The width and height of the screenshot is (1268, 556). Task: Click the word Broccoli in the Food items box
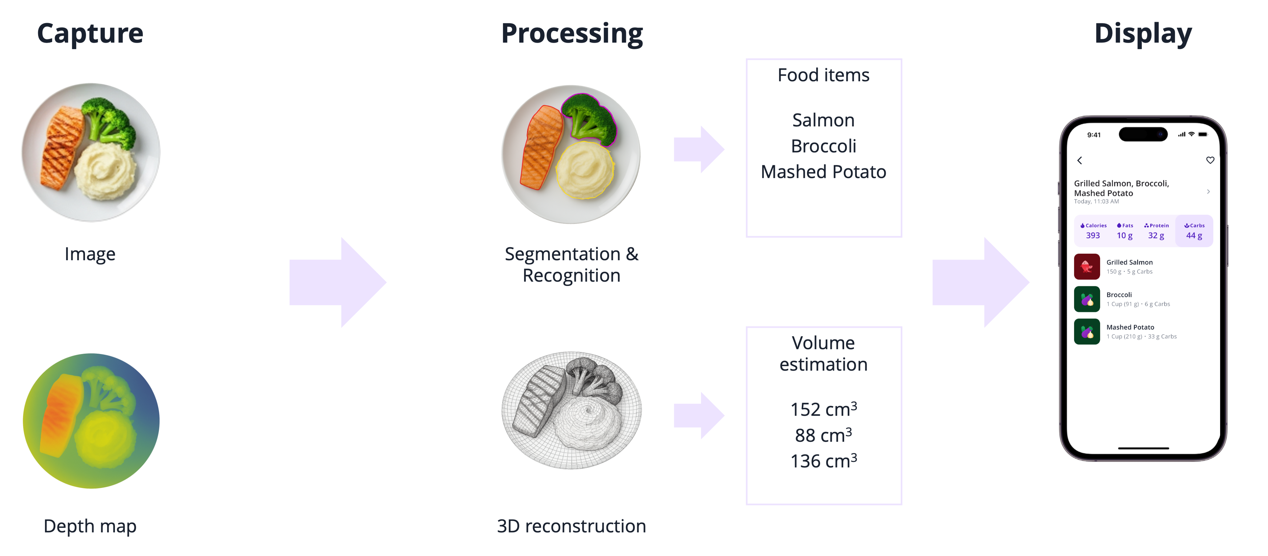(x=823, y=146)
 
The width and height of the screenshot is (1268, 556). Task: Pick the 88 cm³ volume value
(x=823, y=435)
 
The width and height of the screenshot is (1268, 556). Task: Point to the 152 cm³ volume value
(x=823, y=409)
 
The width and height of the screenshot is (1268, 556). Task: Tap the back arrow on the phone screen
(x=1079, y=160)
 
